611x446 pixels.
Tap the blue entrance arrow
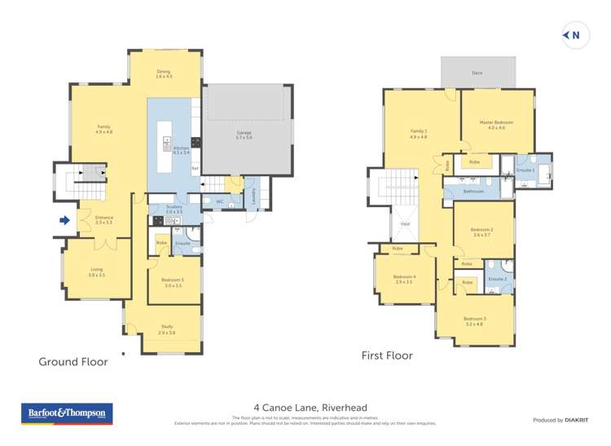64,219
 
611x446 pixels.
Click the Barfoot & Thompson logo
65,414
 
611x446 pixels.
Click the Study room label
166,329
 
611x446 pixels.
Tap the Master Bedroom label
497,125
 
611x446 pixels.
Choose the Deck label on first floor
477,73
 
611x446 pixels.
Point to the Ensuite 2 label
497,280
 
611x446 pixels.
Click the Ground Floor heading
73,362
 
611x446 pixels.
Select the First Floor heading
387,356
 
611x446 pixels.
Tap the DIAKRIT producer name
576,420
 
